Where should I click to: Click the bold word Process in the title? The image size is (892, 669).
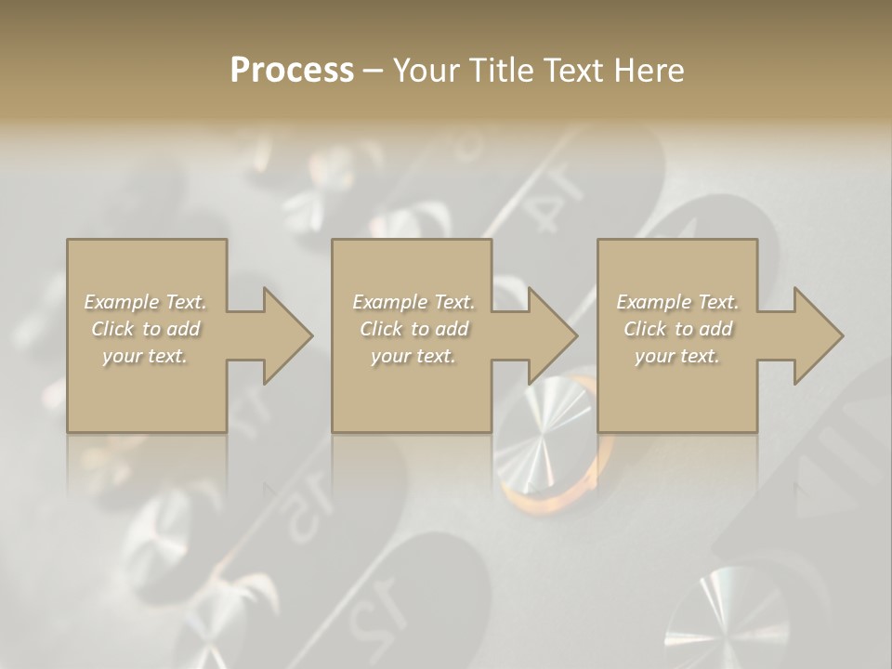[292, 70]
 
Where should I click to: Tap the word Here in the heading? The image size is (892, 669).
[649, 70]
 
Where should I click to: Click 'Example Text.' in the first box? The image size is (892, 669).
[146, 302]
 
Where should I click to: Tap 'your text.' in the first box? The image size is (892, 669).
[146, 356]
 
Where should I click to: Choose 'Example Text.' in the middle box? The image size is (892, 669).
[413, 302]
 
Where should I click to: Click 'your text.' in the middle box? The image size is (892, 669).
[413, 356]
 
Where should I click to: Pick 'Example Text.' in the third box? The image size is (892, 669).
[677, 302]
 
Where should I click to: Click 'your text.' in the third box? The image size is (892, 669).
[677, 356]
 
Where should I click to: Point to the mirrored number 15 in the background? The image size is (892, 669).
[310, 506]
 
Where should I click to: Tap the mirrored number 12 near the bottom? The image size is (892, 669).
[381, 609]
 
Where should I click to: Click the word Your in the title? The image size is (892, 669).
[424, 70]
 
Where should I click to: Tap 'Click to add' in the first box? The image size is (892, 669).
[146, 329]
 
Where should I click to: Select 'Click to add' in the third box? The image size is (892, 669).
[677, 329]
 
